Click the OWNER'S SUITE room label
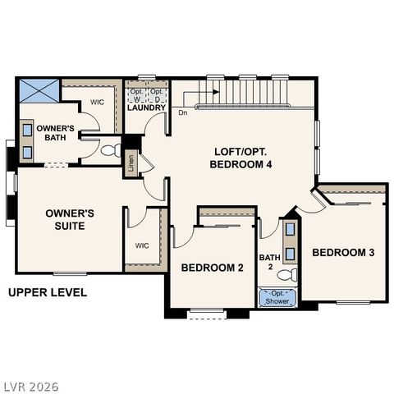pyautogui.click(x=69, y=219)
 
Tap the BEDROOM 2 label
pyautogui.click(x=213, y=268)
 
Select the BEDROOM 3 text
pyautogui.click(x=343, y=252)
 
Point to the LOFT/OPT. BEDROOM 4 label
pyautogui.click(x=243, y=158)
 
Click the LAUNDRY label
pyautogui.click(x=147, y=108)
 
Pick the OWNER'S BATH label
pyautogui.click(x=55, y=133)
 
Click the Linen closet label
pyautogui.click(x=131, y=163)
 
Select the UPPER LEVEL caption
pyautogui.click(x=47, y=292)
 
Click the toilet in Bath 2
pyautogui.click(x=288, y=275)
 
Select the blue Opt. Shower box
pyautogui.click(x=278, y=297)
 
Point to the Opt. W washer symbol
pyautogui.click(x=136, y=93)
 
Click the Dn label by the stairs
pyautogui.click(x=182, y=112)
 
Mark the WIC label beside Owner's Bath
pyautogui.click(x=96, y=103)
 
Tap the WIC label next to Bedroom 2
pyautogui.click(x=141, y=245)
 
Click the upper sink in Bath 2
pyautogui.click(x=291, y=233)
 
